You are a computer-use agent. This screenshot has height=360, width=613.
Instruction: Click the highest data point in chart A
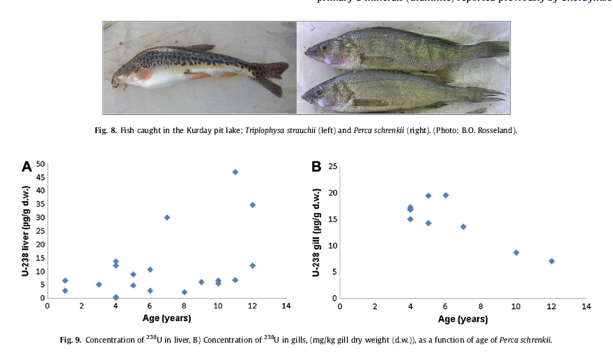point(235,171)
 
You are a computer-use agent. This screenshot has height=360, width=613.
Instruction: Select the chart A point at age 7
point(167,217)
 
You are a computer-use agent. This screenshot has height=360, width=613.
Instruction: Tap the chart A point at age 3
point(99,284)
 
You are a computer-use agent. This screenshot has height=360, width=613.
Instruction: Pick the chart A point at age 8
point(184,292)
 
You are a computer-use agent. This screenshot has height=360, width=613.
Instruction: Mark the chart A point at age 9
point(201,282)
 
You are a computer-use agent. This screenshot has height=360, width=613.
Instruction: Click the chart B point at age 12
point(551,261)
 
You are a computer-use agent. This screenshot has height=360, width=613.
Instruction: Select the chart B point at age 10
point(516,252)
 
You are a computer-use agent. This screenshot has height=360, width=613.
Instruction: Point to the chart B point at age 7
point(463,226)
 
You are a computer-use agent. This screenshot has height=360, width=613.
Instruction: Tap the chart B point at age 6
point(446,195)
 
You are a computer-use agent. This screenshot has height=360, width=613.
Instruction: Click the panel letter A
point(27,167)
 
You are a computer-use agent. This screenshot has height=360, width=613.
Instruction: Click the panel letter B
point(316,167)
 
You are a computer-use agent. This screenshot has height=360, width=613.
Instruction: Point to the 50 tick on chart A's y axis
point(40,164)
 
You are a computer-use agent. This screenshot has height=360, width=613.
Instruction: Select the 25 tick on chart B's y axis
point(333,166)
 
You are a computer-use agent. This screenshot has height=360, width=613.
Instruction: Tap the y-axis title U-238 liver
point(25,230)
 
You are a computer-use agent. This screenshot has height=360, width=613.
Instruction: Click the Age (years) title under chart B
point(463,319)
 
